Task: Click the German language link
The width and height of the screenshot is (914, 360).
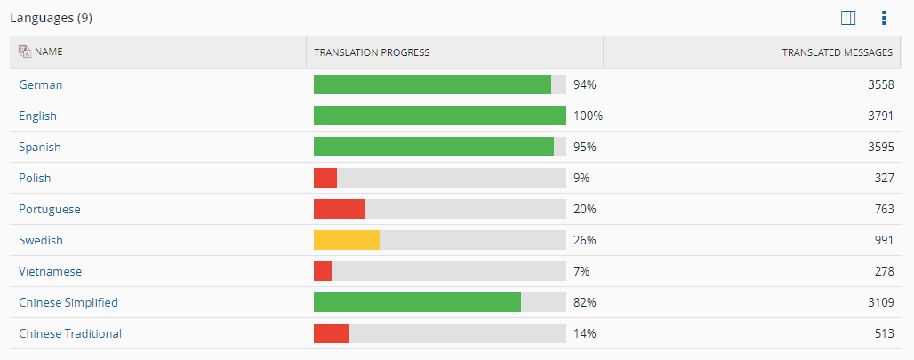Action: pos(40,84)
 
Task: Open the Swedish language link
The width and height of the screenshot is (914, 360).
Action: pos(41,240)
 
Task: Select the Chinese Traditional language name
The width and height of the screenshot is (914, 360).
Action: pos(70,333)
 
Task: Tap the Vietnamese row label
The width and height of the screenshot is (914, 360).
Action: pos(50,271)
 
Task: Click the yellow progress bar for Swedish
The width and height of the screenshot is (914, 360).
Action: pos(347,240)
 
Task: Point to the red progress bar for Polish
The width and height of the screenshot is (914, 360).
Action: pos(325,178)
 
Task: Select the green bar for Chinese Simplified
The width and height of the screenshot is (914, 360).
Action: pos(417,302)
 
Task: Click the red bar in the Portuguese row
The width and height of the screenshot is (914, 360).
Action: pos(339,209)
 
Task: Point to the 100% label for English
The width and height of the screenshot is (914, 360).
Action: pos(588,116)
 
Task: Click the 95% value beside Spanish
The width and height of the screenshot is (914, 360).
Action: pos(584,147)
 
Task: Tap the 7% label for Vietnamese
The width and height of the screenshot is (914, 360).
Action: pos(581,271)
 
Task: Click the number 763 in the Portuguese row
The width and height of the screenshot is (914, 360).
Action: pos(883,209)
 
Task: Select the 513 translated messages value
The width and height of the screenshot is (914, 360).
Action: pos(883,333)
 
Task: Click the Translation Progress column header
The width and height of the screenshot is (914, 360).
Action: pos(372,52)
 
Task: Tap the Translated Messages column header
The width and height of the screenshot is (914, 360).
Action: pos(837,52)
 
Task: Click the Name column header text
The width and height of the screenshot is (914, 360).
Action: pos(48,52)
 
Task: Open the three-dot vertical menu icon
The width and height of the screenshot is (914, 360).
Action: pos(884,17)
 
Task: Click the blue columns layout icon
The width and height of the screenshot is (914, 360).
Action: pos(847,17)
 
